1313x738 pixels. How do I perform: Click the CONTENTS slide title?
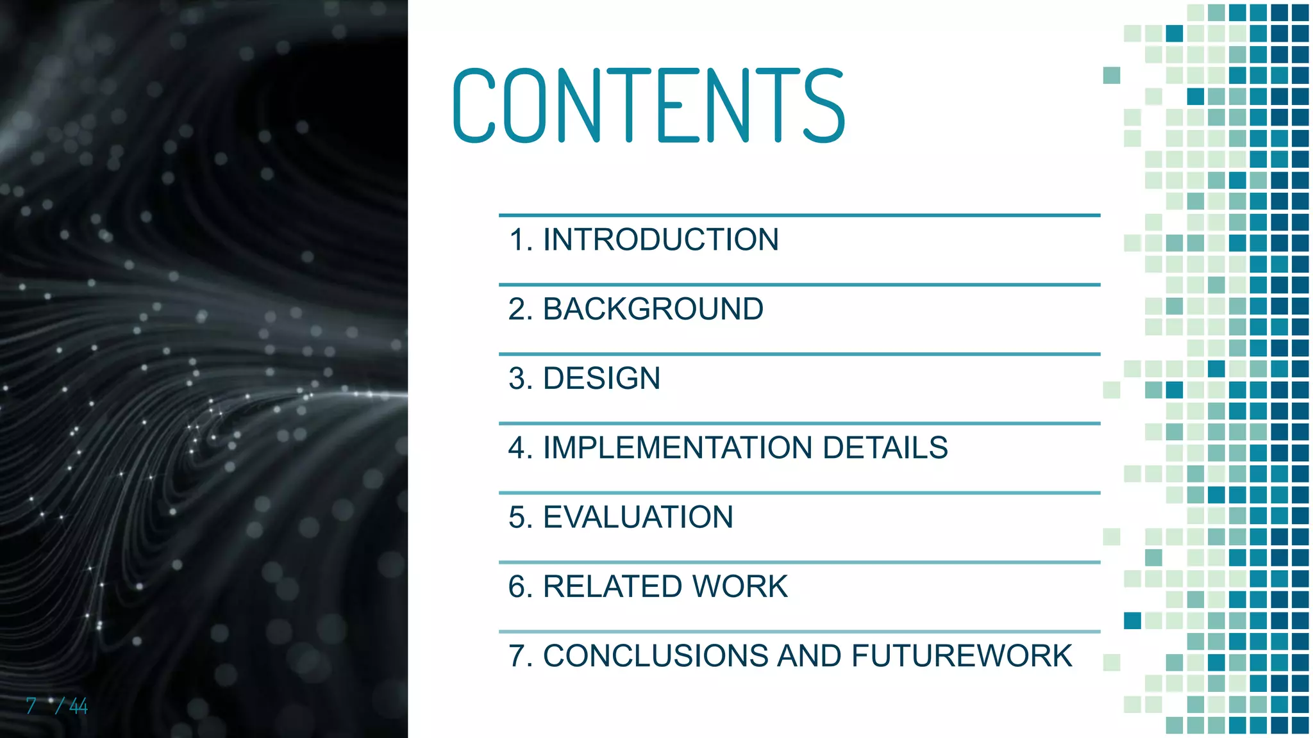point(649,106)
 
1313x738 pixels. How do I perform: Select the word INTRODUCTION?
point(661,240)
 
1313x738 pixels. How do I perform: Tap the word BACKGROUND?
point(653,309)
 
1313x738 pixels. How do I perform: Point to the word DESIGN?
point(601,379)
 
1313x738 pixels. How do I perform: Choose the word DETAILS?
point(885,448)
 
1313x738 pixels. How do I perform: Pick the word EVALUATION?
point(638,518)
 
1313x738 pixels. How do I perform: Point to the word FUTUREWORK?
point(962,656)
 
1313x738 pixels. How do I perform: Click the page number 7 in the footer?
point(31,706)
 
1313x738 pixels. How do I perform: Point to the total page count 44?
point(78,706)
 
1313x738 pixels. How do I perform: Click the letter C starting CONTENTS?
point(474,106)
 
